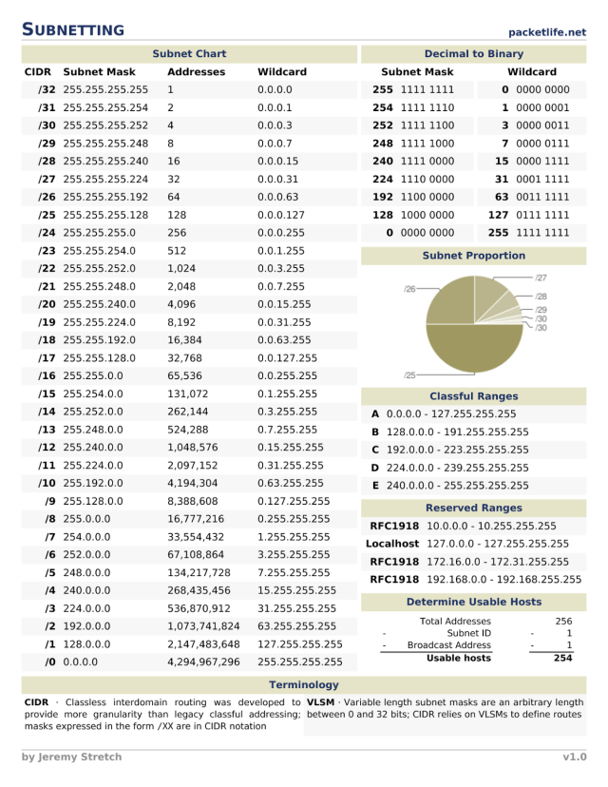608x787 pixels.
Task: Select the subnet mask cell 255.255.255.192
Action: click(x=105, y=197)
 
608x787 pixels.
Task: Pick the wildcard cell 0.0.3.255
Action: click(x=281, y=269)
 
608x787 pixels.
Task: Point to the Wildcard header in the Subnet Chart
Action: click(x=281, y=72)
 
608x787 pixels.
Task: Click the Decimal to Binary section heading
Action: click(x=473, y=54)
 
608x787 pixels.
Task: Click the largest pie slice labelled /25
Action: click(x=473, y=352)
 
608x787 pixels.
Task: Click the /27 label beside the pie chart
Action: click(x=541, y=278)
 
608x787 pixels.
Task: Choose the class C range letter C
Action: click(x=375, y=450)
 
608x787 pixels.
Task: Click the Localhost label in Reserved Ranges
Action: click(x=392, y=544)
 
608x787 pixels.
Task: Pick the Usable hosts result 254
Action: click(x=562, y=658)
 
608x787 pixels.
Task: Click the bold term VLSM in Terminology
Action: click(x=321, y=702)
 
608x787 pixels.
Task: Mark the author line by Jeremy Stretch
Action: click(x=71, y=758)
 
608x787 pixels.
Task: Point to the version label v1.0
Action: click(x=573, y=758)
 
